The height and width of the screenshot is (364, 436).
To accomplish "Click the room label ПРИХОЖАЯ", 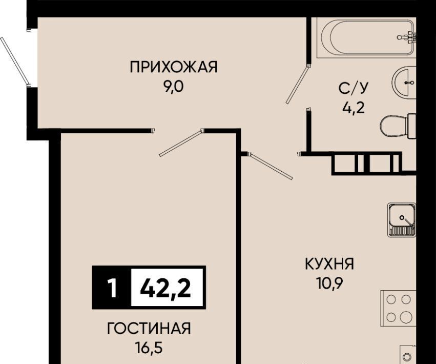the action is pyautogui.click(x=174, y=67).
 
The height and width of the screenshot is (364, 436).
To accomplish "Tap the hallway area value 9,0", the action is pyautogui.click(x=174, y=87).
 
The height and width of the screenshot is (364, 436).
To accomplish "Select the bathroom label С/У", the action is pyautogui.click(x=353, y=89).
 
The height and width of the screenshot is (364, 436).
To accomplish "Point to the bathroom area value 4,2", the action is pyautogui.click(x=353, y=108).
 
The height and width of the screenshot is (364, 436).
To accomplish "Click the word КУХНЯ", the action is pyautogui.click(x=329, y=264).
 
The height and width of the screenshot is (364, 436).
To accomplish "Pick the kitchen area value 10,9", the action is pyautogui.click(x=329, y=284).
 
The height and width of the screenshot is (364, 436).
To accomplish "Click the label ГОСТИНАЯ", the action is pyautogui.click(x=149, y=329).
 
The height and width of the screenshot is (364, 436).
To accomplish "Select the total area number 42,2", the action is pyautogui.click(x=165, y=288).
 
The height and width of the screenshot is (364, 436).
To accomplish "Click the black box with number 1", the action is pyautogui.click(x=112, y=288).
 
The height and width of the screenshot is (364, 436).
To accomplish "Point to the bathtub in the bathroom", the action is pyautogui.click(x=366, y=37).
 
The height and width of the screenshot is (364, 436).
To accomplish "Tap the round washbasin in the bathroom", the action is pyautogui.click(x=404, y=83).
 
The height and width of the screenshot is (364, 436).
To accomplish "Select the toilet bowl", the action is pyautogui.click(x=398, y=126).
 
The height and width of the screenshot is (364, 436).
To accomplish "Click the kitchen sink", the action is pyautogui.click(x=402, y=220).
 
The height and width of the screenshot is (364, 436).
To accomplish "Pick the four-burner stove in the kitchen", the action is pyautogui.click(x=398, y=308).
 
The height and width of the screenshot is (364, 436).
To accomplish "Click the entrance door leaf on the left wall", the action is pyautogui.click(x=15, y=61).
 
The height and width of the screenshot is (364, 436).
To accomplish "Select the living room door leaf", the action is pyautogui.click(x=181, y=143).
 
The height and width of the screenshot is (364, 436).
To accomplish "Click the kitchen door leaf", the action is pyautogui.click(x=271, y=166).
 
